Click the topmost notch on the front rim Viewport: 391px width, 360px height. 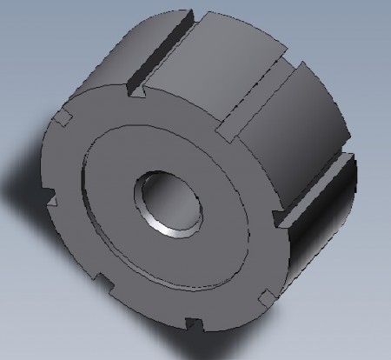coord(134,88)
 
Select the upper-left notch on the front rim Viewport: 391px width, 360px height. coord(62,117)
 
